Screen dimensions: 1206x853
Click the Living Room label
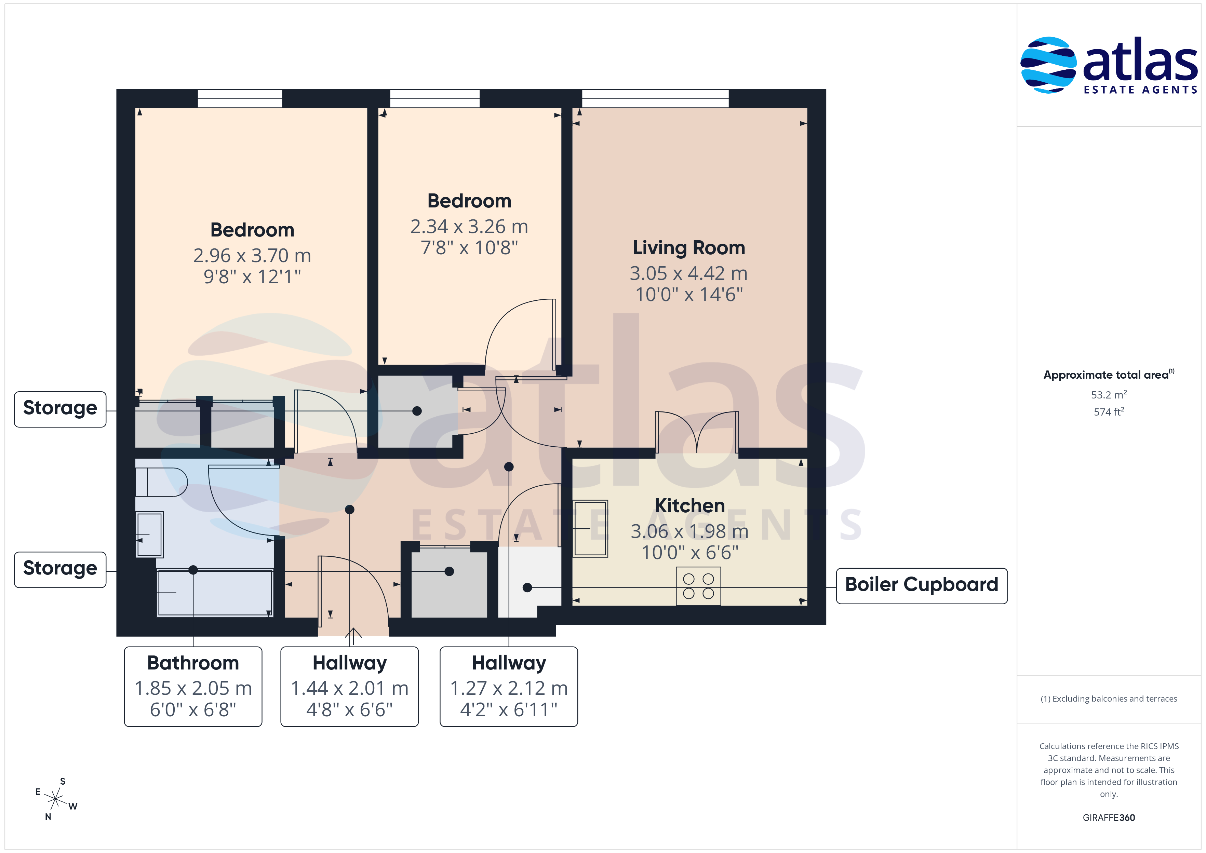[688, 247]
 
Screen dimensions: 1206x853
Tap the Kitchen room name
[690, 505]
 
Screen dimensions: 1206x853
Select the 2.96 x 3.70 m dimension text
[252, 256]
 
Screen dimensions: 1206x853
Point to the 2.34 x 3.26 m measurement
[469, 226]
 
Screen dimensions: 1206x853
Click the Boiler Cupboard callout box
[921, 586]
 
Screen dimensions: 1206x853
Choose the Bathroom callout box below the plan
[193, 687]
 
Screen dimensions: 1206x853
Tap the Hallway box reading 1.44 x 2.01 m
[350, 687]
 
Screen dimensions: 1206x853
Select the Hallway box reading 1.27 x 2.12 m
[509, 687]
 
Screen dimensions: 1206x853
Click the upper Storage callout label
[61, 409]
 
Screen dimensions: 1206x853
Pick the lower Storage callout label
[61, 569]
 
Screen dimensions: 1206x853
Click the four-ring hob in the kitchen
[698, 586]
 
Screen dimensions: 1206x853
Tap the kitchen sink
[590, 528]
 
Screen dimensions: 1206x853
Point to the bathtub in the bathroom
[215, 593]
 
